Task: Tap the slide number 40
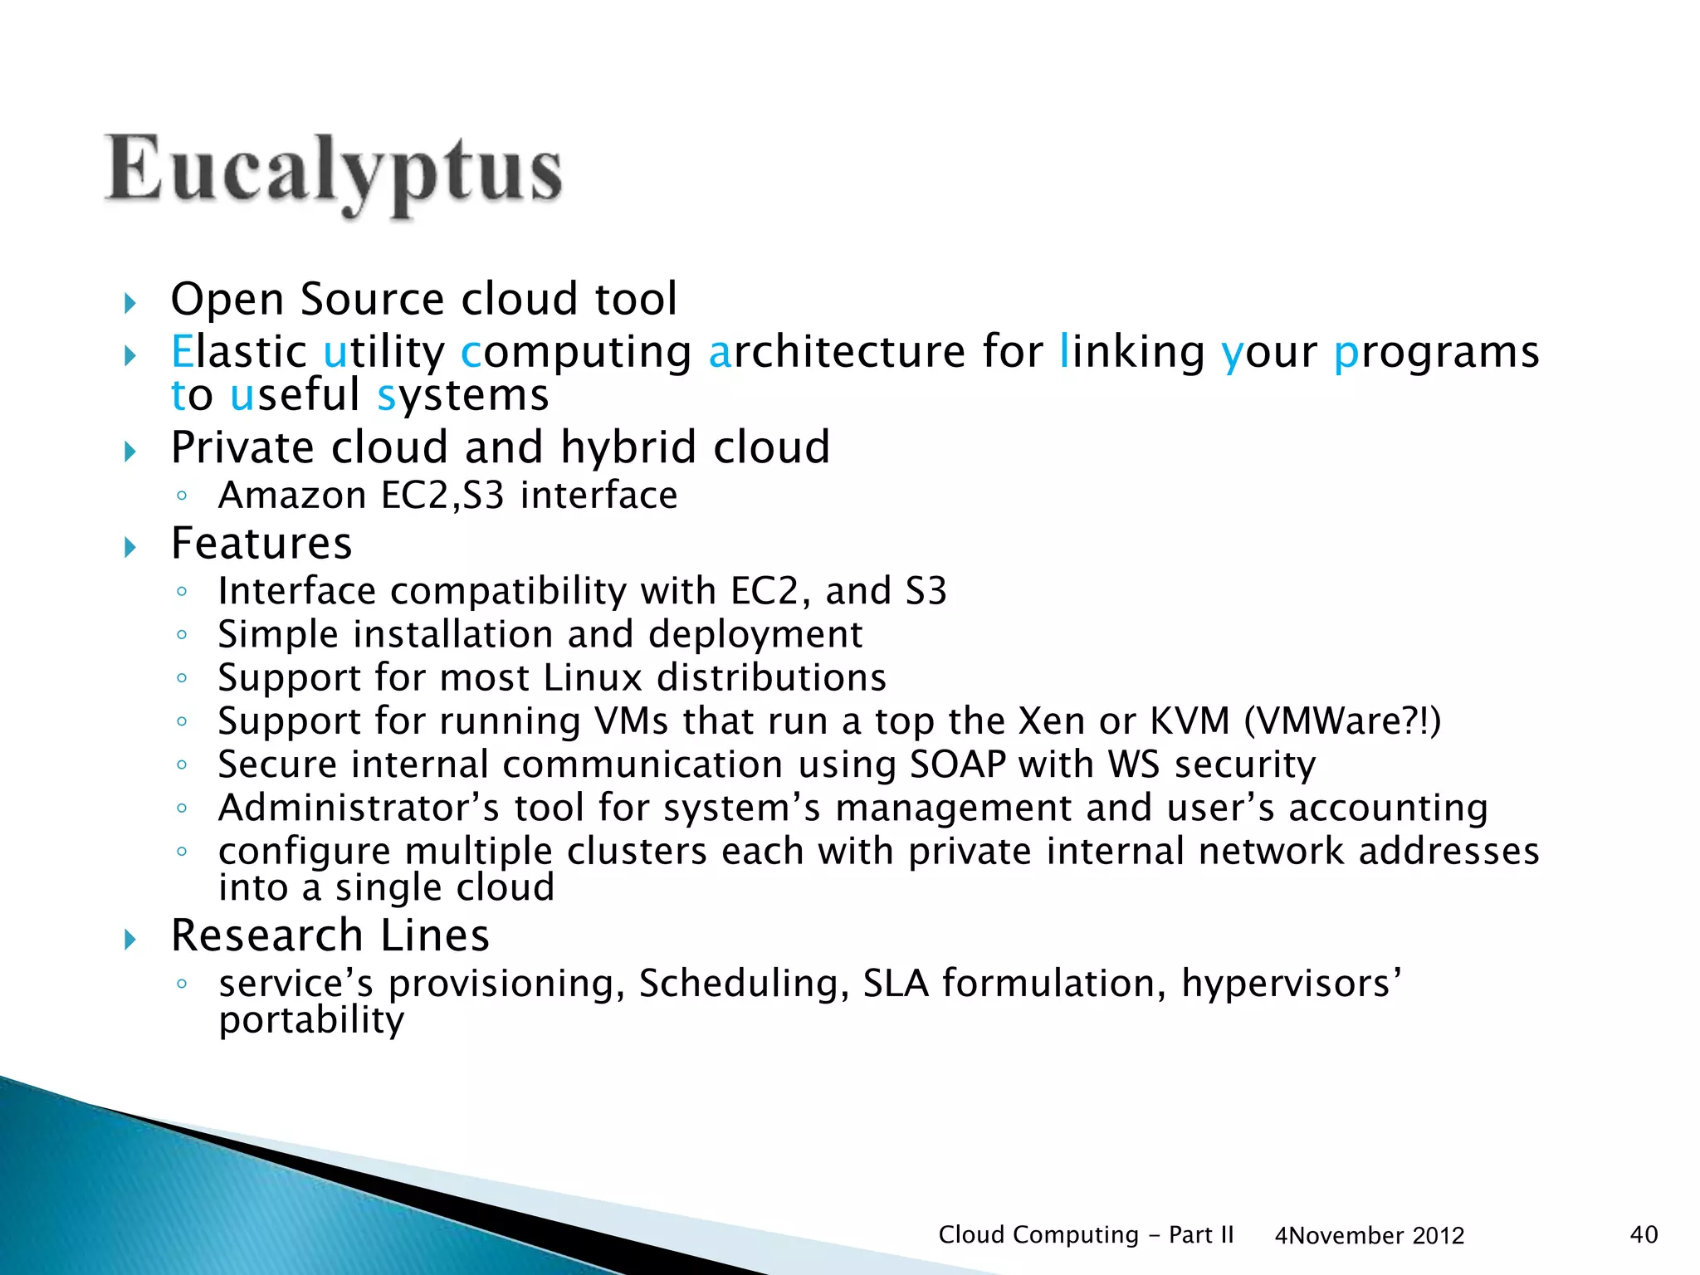coord(1644,1234)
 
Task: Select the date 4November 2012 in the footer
coord(1369,1236)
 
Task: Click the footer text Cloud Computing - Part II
coord(1086,1234)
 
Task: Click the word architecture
coord(837,351)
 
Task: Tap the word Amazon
coord(292,496)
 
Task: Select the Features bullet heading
coord(261,544)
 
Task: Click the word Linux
coord(593,677)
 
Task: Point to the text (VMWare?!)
coord(1342,721)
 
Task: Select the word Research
coord(266,935)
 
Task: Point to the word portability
coord(311,1020)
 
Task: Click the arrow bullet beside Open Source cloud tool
coord(129,303)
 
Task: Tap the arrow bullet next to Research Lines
coord(129,940)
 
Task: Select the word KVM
coord(1189,721)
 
